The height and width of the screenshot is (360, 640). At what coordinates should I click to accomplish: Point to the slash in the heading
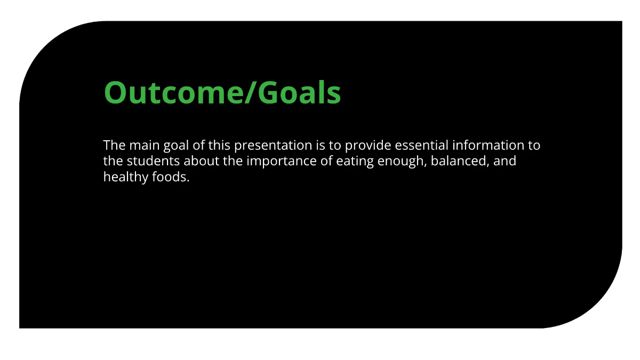(x=251, y=93)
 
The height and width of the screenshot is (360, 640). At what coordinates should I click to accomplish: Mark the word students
(x=151, y=161)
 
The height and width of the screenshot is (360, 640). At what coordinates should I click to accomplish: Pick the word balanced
(x=460, y=161)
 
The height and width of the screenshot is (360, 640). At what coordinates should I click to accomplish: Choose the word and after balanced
(x=505, y=161)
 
